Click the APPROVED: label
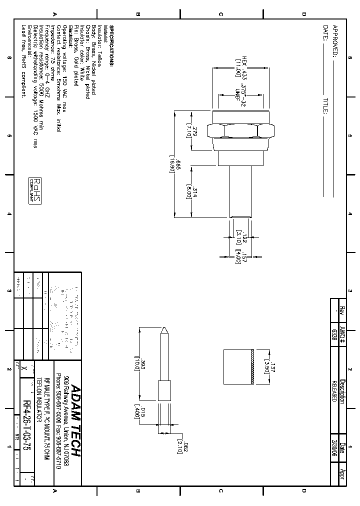point(335,39)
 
